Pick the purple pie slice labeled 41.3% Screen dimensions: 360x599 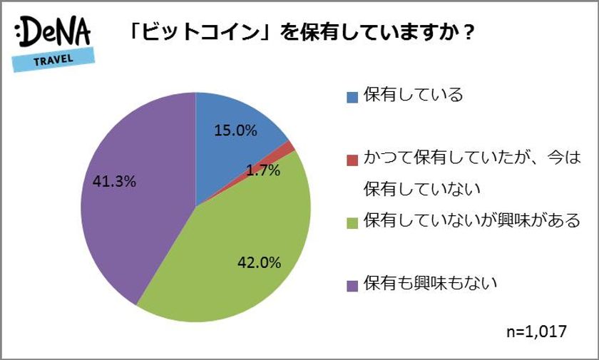coord(135,214)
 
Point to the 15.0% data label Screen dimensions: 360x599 coord(235,131)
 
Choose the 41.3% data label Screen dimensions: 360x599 coord(114,181)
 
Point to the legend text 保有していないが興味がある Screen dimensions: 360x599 coord(471,222)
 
